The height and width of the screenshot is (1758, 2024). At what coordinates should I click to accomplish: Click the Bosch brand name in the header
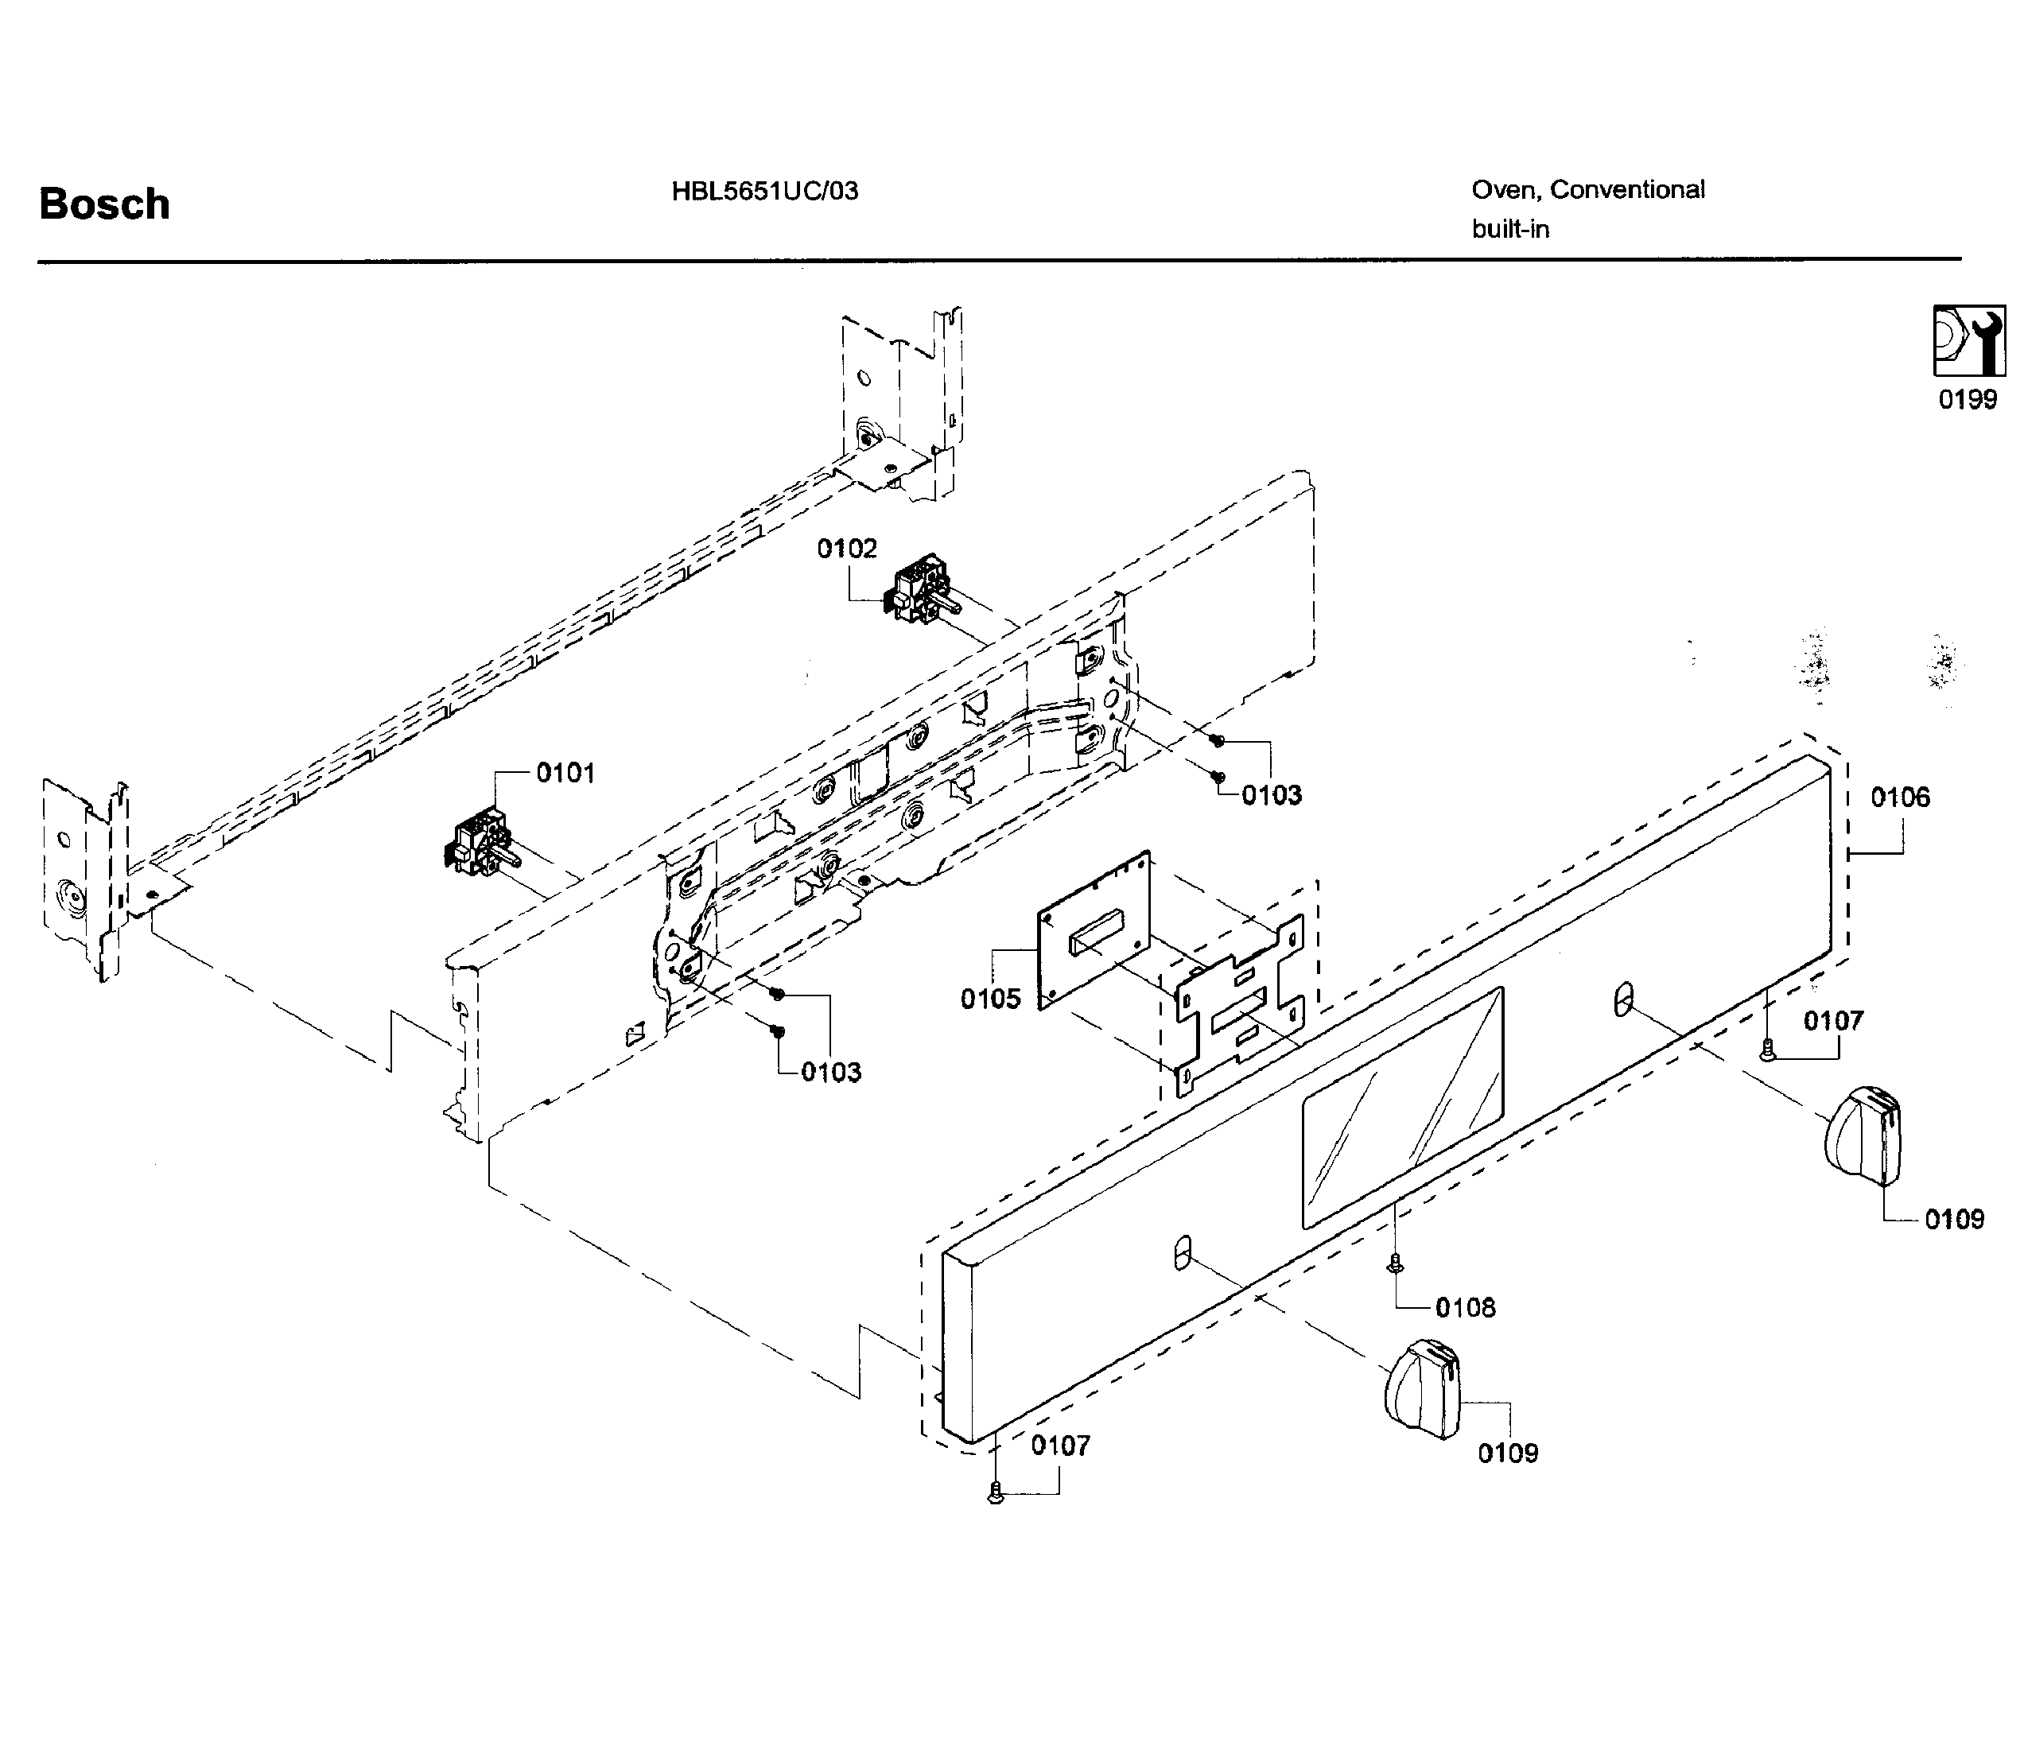pyautogui.click(x=104, y=204)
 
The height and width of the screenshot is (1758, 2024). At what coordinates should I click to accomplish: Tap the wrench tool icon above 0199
pyautogui.click(x=1968, y=340)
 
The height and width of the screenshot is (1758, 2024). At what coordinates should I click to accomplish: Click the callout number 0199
pyautogui.click(x=1967, y=399)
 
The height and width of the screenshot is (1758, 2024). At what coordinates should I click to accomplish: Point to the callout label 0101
pyautogui.click(x=565, y=773)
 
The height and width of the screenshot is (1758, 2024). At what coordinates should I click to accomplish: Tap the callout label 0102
pyautogui.click(x=847, y=549)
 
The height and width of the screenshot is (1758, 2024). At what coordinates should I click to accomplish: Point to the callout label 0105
pyautogui.click(x=990, y=999)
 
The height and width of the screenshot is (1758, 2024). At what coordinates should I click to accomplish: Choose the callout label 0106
pyautogui.click(x=1899, y=798)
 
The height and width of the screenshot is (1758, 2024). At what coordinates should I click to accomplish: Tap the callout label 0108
pyautogui.click(x=1465, y=1306)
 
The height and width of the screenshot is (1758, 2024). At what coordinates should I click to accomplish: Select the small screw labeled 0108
pyautogui.click(x=1394, y=1264)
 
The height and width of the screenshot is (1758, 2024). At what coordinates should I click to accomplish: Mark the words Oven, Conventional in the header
pyautogui.click(x=1587, y=189)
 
